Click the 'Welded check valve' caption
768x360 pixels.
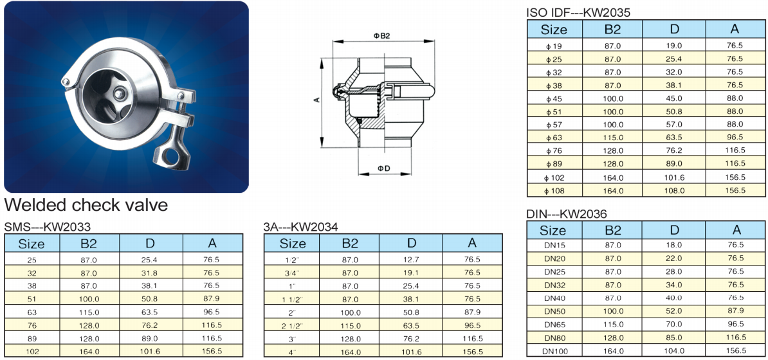tap(86, 204)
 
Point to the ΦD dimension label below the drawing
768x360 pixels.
tap(383, 168)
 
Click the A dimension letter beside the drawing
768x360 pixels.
tap(317, 100)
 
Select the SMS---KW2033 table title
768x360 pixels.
tap(47, 227)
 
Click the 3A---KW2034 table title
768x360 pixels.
tap(301, 227)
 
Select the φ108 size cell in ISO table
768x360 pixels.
tap(555, 190)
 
